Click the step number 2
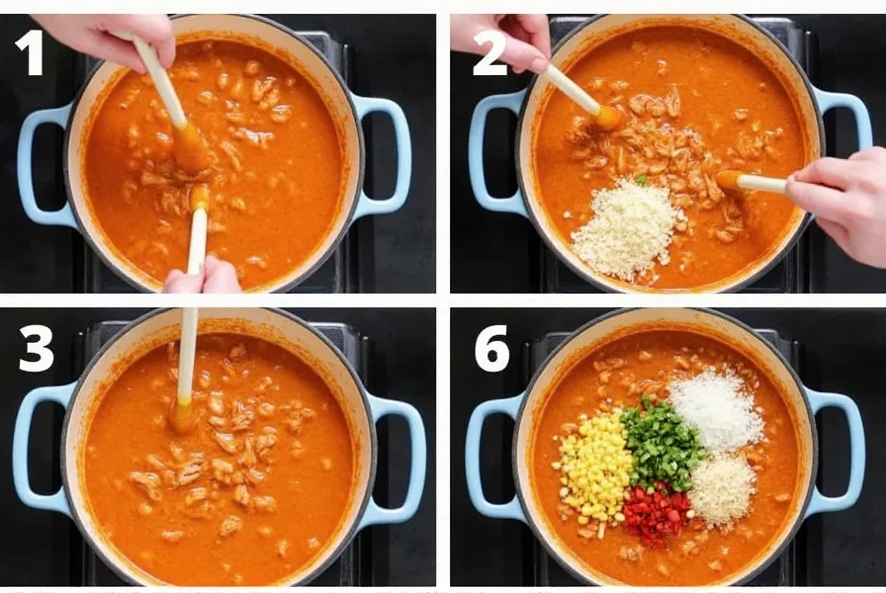coord(488,53)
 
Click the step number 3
coord(36,348)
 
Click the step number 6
coord(491,348)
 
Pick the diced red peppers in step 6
coord(656,515)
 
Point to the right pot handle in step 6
coord(842,451)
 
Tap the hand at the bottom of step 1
coord(203,279)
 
